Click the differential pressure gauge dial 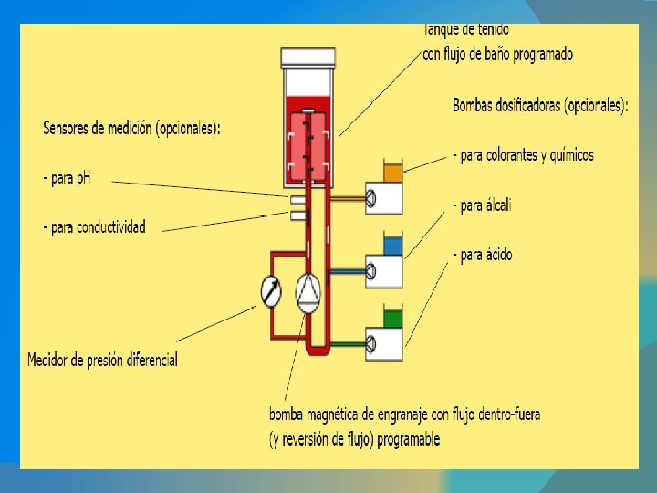click(271, 291)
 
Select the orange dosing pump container click(393, 172)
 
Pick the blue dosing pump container click(393, 246)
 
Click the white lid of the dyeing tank click(308, 58)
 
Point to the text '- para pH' click(67, 178)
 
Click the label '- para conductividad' click(94, 226)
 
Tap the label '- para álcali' click(482, 205)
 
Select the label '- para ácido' click(482, 255)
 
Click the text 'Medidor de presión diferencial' click(102, 360)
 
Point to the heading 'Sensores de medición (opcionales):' click(131, 129)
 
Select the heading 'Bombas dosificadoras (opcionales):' click(540, 106)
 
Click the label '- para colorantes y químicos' click(523, 155)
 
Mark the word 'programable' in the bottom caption click(403, 439)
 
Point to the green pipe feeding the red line click(347, 344)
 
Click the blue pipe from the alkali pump click(347, 271)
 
